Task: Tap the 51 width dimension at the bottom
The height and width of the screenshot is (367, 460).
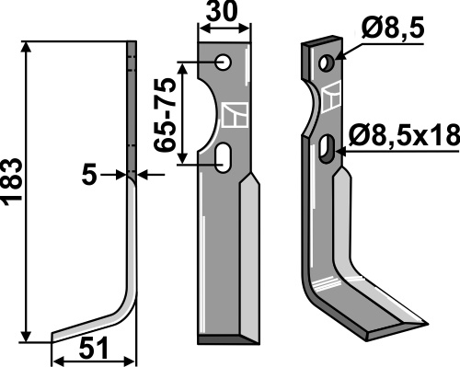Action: tap(94, 349)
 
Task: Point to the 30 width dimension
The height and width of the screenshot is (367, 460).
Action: tap(222, 12)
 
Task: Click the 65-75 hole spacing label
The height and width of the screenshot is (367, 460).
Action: tap(165, 115)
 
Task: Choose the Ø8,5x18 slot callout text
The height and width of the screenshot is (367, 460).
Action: tap(404, 135)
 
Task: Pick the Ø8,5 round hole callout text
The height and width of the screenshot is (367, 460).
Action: tap(393, 29)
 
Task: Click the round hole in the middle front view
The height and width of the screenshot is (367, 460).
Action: tap(223, 63)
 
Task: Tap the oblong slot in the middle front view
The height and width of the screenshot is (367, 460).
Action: tap(223, 158)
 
